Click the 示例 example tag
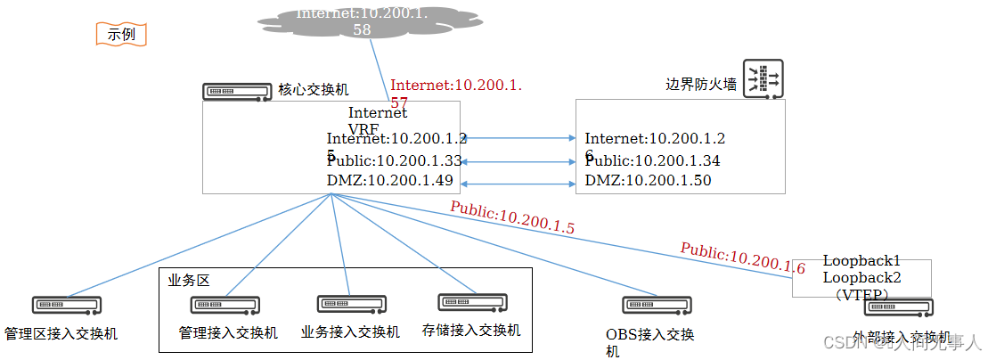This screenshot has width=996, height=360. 120,35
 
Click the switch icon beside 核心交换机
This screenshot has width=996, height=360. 237,91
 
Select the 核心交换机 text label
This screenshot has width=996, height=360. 313,90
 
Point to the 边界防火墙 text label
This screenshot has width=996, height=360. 701,85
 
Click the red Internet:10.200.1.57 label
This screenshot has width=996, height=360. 455,86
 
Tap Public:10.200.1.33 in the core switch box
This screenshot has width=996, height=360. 394,161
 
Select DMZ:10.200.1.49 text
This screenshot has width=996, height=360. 389,181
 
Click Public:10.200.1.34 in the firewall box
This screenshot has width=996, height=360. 652,161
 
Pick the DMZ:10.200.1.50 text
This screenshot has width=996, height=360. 648,181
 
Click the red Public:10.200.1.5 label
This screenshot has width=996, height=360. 511,218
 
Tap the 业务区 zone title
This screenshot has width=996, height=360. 187,280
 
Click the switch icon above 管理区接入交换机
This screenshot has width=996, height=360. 67,305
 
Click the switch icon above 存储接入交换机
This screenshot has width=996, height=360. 471,302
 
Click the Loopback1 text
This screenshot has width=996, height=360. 861,261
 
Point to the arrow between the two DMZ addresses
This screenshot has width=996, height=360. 516,184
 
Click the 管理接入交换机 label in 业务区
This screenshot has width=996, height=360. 228,333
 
